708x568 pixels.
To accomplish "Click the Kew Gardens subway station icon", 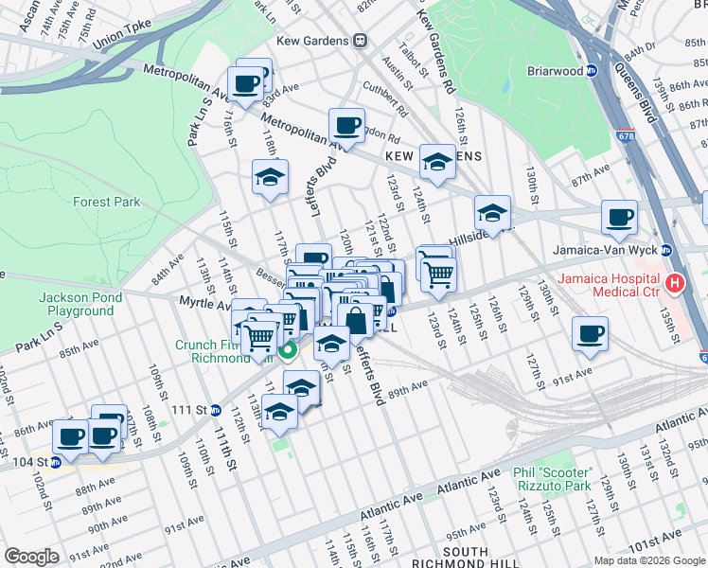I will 360,41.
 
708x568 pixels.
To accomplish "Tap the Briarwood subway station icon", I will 592,69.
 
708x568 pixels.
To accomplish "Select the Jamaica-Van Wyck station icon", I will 665,251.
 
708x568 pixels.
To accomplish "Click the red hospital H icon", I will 675,282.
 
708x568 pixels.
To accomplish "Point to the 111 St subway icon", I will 216,410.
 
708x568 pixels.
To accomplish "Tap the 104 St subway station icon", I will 55,462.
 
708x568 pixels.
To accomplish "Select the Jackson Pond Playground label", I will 76,304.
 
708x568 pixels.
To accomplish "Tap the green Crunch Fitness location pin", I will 288,350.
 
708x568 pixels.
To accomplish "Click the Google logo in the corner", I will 31,556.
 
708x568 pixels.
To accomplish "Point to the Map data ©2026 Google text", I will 649,560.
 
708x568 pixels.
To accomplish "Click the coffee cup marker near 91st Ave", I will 590,333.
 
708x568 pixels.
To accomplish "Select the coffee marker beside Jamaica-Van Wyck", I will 620,217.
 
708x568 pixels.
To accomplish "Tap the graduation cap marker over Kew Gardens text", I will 437,162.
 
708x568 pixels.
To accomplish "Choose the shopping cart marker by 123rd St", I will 438,274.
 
